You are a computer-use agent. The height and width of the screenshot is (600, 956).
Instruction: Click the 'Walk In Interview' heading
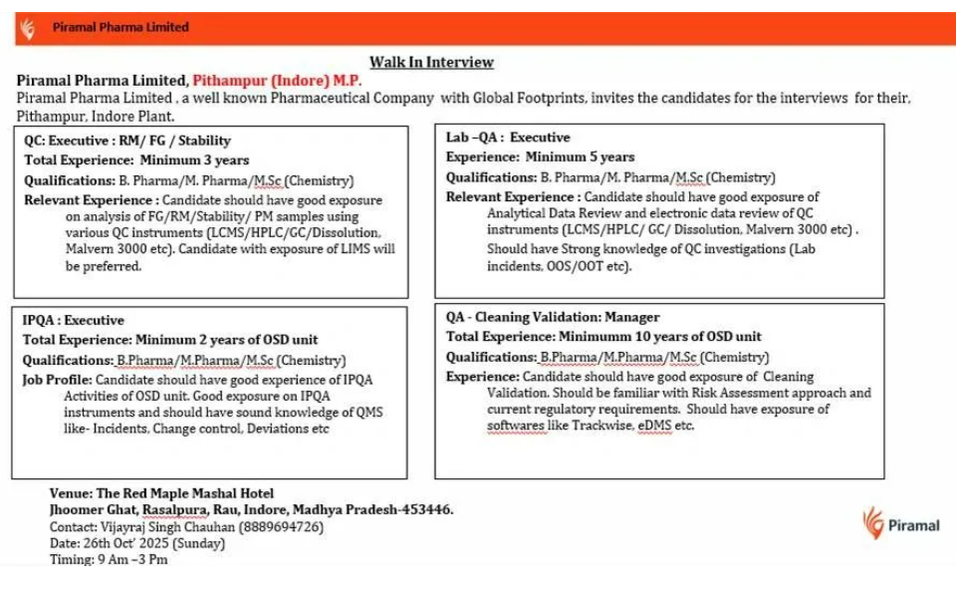click(431, 62)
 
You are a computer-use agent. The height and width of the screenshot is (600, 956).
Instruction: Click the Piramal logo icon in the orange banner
click(26, 28)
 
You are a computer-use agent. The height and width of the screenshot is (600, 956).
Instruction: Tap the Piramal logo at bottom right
click(900, 524)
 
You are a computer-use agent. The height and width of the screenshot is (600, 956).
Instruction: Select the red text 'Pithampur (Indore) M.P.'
click(278, 80)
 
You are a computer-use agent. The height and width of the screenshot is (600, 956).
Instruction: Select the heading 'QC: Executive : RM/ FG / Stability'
click(127, 141)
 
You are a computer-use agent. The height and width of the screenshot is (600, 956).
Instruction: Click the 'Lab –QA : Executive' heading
click(508, 138)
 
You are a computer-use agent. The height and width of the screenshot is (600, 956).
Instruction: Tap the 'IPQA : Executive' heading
click(74, 320)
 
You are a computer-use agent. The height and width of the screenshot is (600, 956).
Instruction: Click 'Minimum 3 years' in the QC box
click(194, 159)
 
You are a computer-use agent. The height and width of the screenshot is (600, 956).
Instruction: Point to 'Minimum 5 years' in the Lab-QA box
click(580, 157)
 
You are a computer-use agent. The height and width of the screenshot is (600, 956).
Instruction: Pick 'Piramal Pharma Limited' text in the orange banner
click(120, 27)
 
